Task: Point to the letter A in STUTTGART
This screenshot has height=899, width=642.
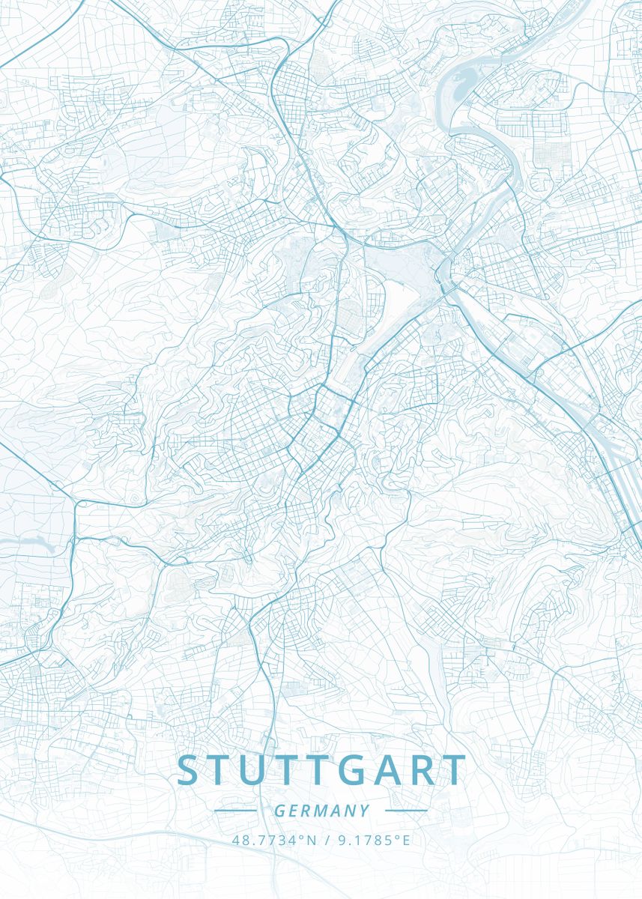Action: tap(394, 771)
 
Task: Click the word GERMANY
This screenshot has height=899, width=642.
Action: tap(321, 811)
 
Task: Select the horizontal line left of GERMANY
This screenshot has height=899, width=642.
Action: tap(235, 811)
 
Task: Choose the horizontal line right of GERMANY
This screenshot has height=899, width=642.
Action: tap(405, 811)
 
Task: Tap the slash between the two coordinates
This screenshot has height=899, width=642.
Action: tap(327, 840)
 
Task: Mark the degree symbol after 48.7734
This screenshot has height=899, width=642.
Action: tap(302, 837)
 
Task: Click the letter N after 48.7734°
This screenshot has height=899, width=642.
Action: tap(310, 840)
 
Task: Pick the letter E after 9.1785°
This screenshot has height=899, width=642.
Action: tap(406, 840)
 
